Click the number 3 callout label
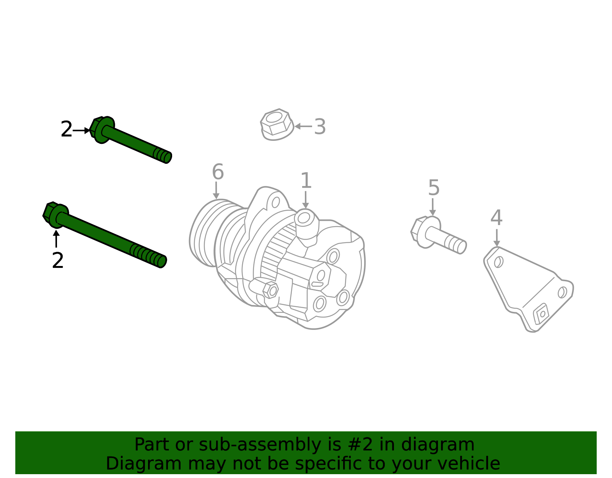pyautogui.click(x=320, y=127)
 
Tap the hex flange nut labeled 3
pyautogui.click(x=277, y=124)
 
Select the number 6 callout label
pyautogui.click(x=218, y=172)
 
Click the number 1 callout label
pyautogui.click(x=306, y=181)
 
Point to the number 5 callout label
pyautogui.click(x=434, y=188)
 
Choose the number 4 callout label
pyautogui.click(x=496, y=218)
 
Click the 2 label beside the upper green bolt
pyautogui.click(x=66, y=130)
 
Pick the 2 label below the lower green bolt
pyautogui.click(x=58, y=261)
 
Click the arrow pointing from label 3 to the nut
pyautogui.click(x=303, y=126)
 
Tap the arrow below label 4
pyautogui.click(x=496, y=238)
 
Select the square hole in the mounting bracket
pyautogui.click(x=542, y=314)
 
